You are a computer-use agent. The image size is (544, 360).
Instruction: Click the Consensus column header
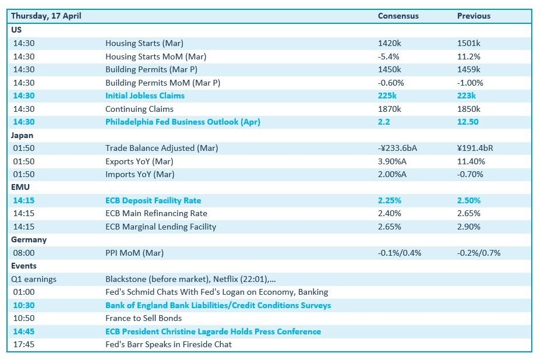click(x=398, y=16)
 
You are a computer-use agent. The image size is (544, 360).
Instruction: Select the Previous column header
click(x=474, y=16)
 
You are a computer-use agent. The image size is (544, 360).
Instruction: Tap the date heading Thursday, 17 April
click(x=46, y=16)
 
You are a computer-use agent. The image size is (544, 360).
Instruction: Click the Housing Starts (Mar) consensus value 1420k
click(x=389, y=43)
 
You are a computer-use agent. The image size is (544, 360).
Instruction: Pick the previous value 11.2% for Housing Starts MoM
click(x=469, y=57)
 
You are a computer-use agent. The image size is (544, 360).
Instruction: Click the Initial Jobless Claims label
click(x=145, y=96)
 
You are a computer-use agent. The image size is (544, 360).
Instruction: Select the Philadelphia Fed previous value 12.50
click(x=468, y=122)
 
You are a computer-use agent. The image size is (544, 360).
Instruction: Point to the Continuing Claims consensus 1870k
click(x=389, y=109)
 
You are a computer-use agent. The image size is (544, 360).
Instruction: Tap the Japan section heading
click(x=22, y=135)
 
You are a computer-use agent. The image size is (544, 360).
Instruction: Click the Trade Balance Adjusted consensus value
click(x=398, y=148)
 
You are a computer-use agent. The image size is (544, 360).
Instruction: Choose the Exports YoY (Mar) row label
click(x=139, y=161)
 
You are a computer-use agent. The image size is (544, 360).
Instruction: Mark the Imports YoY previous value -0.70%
click(x=470, y=174)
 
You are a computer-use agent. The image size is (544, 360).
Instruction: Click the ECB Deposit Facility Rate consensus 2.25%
click(x=390, y=200)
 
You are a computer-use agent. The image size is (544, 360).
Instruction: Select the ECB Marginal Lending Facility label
click(x=161, y=227)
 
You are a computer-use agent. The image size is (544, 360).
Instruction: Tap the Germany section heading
click(x=29, y=240)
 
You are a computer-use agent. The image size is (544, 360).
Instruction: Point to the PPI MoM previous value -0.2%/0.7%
click(x=479, y=253)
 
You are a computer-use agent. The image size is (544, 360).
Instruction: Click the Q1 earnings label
click(x=34, y=280)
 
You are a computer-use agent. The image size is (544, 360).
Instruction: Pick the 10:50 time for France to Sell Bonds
click(x=24, y=318)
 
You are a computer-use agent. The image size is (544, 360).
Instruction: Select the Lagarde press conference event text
click(x=213, y=331)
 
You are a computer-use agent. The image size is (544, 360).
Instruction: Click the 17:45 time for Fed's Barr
click(x=24, y=344)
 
